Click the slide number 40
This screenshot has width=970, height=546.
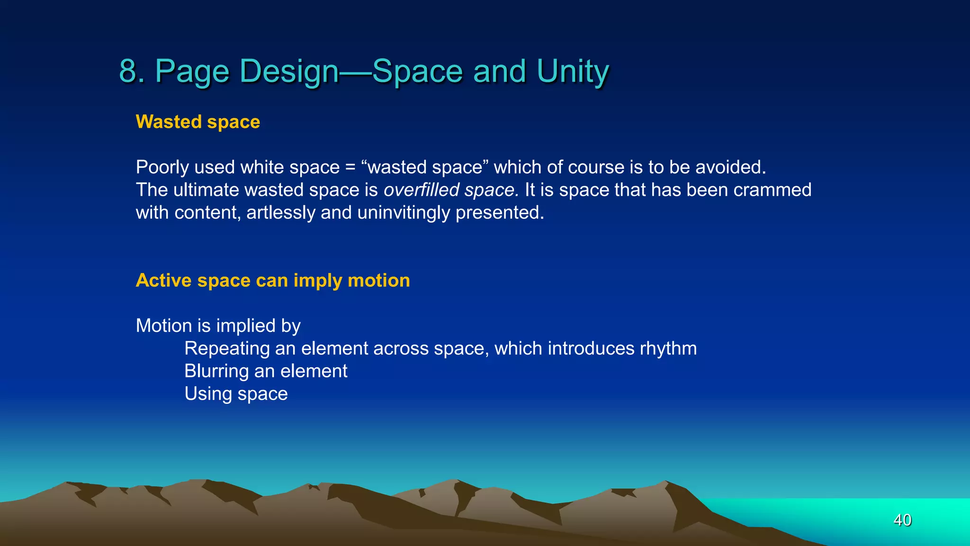902,520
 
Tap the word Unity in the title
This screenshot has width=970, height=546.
573,72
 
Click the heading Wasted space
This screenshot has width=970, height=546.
198,122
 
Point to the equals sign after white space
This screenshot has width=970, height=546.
350,168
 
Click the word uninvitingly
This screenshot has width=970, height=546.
404,213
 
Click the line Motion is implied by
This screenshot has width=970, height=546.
218,326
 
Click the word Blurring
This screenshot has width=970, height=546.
216,371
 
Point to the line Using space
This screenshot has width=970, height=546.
236,394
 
